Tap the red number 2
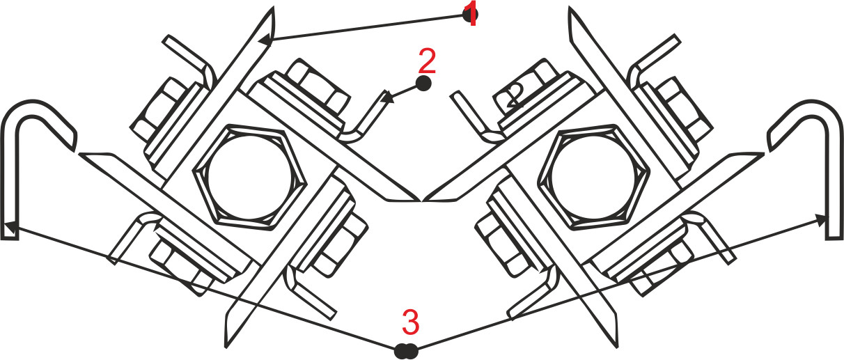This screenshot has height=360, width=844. (x=428, y=61)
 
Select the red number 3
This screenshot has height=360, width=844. (x=411, y=322)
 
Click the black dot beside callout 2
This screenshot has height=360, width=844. (x=423, y=84)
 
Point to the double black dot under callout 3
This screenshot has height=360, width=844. (x=406, y=351)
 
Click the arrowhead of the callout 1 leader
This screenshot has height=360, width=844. (x=265, y=40)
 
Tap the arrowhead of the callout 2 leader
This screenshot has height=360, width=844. (x=387, y=100)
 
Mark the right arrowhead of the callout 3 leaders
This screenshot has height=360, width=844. (x=822, y=219)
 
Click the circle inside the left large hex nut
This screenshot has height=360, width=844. (x=251, y=177)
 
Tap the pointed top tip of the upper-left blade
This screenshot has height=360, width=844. (x=273, y=7)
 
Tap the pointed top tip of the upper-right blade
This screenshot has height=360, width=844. (x=569, y=7)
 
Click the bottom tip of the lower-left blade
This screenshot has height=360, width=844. (x=226, y=347)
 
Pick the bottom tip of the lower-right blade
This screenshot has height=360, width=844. (x=618, y=347)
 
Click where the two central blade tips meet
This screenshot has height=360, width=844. (x=422, y=201)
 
